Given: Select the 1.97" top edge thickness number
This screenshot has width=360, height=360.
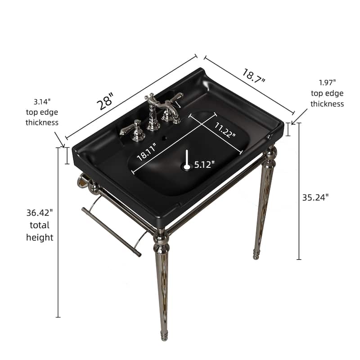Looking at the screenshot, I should [x=327, y=83].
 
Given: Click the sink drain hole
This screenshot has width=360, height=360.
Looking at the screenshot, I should [x=186, y=166].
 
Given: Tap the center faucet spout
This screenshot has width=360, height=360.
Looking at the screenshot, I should [x=153, y=108].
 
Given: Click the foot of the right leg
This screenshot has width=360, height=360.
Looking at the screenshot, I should [x=256, y=255].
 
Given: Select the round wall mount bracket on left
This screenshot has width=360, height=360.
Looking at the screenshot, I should [x=82, y=181].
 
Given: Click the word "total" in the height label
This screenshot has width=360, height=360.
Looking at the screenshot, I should [x=40, y=225].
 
